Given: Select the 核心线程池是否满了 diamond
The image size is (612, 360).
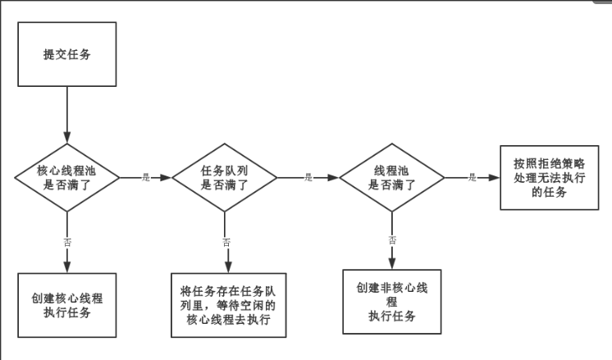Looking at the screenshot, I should (x=66, y=177).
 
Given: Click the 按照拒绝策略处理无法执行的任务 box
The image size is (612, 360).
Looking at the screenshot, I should (x=549, y=177).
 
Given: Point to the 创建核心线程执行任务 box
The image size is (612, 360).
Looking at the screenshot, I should (x=68, y=305).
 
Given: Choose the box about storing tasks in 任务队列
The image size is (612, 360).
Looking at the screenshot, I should (x=228, y=305).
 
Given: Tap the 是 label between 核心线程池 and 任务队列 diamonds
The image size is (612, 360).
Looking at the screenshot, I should (x=146, y=177).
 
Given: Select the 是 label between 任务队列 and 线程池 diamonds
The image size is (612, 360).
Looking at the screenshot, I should (x=308, y=177).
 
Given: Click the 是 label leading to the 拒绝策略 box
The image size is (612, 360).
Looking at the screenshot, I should (x=473, y=177).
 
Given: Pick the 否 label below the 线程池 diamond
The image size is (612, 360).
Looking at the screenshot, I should (x=392, y=239).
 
